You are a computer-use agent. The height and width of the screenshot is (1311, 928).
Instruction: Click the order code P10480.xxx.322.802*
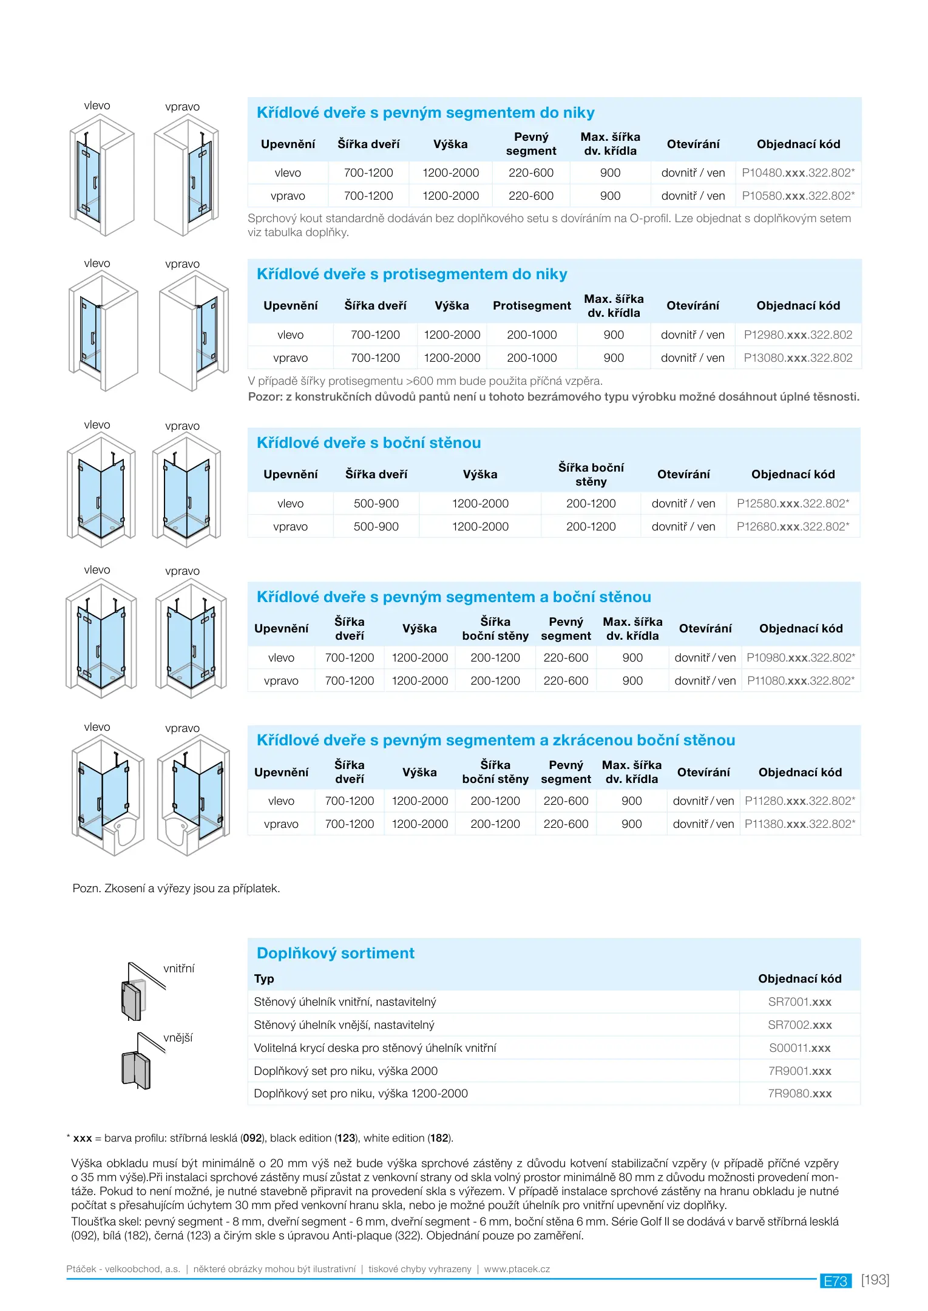point(798,173)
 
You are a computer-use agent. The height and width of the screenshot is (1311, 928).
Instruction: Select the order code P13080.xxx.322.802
point(798,358)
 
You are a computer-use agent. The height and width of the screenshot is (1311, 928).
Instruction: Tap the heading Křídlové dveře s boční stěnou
point(368,443)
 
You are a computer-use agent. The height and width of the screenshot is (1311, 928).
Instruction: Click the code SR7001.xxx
point(799,1002)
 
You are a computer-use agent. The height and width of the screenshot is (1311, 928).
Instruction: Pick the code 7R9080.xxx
point(799,1094)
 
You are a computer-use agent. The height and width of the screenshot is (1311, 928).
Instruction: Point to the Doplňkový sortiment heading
point(335,954)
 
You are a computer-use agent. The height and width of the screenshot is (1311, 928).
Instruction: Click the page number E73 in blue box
point(835,1281)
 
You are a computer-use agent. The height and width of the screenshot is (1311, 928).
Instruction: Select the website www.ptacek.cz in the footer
point(516,1269)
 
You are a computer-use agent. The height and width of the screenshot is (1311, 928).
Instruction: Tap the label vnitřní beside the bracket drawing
point(179,969)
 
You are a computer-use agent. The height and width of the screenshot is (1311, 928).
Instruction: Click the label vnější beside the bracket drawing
point(178,1038)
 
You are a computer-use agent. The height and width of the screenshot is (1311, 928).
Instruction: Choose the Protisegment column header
point(532,306)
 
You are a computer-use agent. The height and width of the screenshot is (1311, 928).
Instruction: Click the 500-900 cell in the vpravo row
point(376,527)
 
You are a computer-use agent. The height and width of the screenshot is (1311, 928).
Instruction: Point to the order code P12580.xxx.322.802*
point(793,504)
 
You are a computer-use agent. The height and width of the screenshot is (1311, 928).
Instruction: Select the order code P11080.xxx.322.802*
point(801,681)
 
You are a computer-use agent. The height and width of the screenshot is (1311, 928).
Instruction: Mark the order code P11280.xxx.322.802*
point(799,801)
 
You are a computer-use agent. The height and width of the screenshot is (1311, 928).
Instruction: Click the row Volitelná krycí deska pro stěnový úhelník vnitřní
point(375,1048)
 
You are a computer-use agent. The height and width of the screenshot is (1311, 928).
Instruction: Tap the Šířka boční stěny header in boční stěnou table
point(591,475)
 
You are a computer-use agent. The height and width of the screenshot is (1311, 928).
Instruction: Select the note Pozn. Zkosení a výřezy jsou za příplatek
point(176,889)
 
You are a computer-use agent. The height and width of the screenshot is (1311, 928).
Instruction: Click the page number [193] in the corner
point(875,1280)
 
